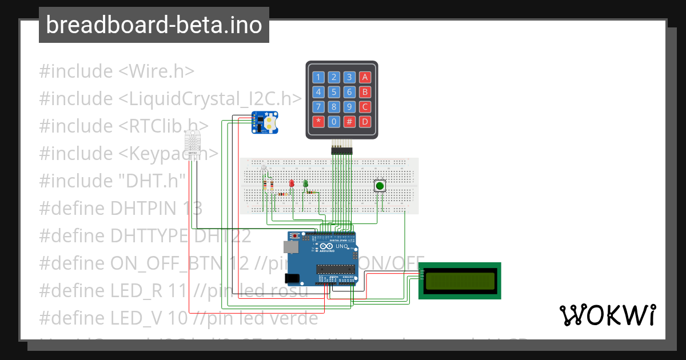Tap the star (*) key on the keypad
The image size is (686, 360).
(x=318, y=121)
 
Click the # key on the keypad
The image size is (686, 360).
(x=350, y=121)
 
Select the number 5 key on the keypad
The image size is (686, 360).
(x=334, y=92)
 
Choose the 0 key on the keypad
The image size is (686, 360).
(x=334, y=121)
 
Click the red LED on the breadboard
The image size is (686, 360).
(x=292, y=184)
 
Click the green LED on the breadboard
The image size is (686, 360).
(x=305, y=183)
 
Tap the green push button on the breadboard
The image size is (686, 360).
(x=380, y=186)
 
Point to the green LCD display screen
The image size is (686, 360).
(x=460, y=281)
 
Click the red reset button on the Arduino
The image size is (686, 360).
(x=295, y=235)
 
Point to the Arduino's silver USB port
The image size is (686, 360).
(x=290, y=247)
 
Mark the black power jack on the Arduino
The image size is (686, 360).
(x=292, y=278)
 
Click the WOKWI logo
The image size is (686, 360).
(x=607, y=315)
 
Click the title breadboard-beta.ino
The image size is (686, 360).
(x=154, y=25)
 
